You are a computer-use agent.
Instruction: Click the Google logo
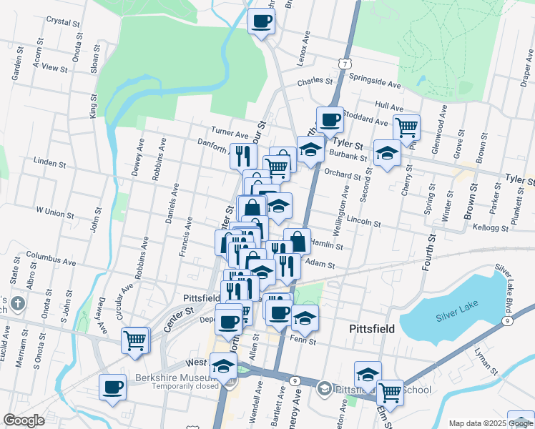24,420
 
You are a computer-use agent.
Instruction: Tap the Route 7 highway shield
346,64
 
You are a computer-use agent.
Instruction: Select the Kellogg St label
491,228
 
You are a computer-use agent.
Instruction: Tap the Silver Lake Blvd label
512,280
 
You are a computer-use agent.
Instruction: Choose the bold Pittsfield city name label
372,329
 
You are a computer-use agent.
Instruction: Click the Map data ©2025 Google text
491,423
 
